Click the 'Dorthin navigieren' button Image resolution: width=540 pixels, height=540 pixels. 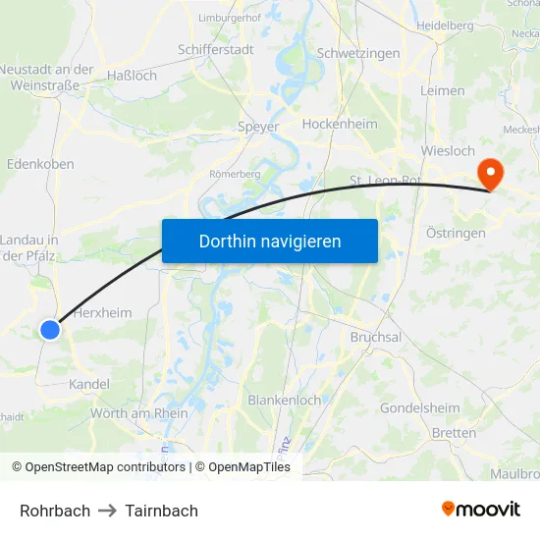pos(270,241)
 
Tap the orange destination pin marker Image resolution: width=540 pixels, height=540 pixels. pos(489,175)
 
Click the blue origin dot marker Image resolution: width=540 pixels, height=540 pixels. pos(50,330)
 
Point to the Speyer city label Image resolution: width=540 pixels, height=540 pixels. pos(258,127)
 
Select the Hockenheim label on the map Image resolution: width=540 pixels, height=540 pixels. pos(340,125)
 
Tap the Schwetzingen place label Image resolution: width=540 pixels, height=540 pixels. pos(358,52)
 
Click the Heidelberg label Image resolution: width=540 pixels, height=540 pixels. pos(445,25)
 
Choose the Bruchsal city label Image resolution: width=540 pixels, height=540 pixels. pos(375,337)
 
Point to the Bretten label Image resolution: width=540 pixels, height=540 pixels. pos(455,433)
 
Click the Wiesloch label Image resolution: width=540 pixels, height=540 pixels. pos(447,151)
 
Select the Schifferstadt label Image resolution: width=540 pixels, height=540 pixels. pos(215,48)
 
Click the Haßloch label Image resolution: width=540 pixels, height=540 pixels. pos(131,76)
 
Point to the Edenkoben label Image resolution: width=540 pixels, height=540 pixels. pos(40,164)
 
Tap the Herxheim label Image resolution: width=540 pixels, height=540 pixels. pos(102,312)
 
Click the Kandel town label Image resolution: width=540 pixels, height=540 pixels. pos(89,384)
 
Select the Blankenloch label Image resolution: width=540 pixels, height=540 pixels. pos(284,401)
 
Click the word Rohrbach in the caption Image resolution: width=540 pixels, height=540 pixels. pos(55,511)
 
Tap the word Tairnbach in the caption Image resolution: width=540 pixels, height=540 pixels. pos(161,511)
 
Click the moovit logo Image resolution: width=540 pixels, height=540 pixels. pos(481,510)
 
